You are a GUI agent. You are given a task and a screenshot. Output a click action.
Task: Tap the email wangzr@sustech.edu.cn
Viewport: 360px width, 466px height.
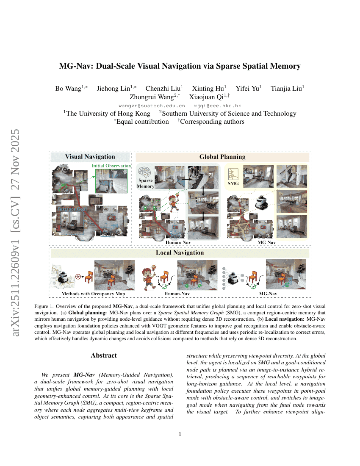coord(152,105)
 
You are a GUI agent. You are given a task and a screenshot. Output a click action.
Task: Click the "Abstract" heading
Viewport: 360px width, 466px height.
coord(104,355)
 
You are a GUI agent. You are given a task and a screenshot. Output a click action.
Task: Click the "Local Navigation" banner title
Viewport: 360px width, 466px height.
coord(180,253)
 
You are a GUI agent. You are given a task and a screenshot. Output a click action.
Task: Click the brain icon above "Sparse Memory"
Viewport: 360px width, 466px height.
coord(145,172)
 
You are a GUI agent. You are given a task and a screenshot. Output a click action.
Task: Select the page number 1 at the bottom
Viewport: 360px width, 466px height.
coord(180,434)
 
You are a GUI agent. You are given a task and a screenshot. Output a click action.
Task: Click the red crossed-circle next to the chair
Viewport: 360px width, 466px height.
coord(78,277)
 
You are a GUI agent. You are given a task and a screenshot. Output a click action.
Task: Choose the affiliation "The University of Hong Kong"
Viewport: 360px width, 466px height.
coord(107,114)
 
